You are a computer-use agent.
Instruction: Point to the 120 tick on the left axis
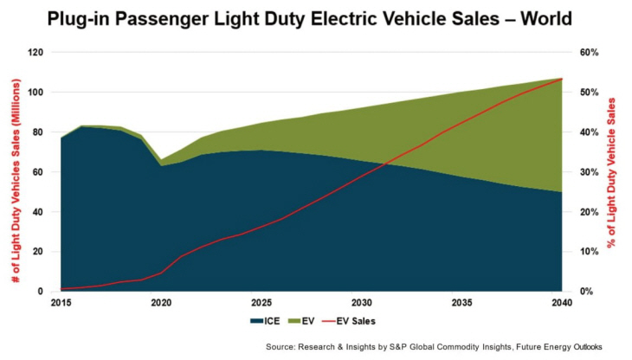point(37,52)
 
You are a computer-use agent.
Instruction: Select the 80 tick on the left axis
point(40,132)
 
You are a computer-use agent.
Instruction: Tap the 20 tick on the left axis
point(40,252)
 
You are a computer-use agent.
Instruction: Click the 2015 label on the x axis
point(61,303)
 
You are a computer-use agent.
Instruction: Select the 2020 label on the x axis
point(161,303)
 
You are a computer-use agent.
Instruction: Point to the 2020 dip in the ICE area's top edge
point(161,165)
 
